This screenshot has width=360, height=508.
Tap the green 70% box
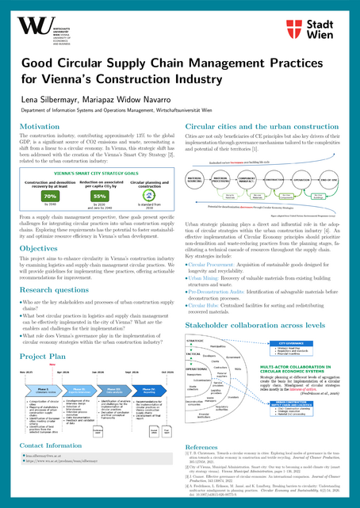[x=50, y=195]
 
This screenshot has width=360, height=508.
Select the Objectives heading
[x=39, y=248]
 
